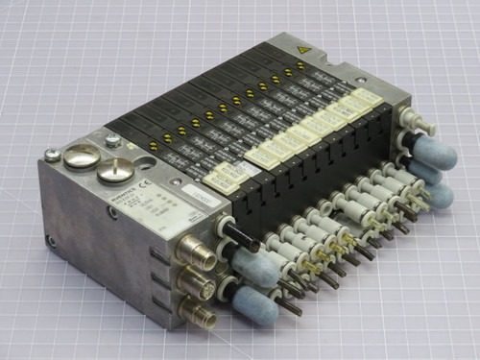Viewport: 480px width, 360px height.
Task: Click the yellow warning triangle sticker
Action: [x=305, y=48]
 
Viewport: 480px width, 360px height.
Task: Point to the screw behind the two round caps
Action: [x=113, y=142]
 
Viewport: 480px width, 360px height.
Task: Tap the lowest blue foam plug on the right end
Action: [x=441, y=195]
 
